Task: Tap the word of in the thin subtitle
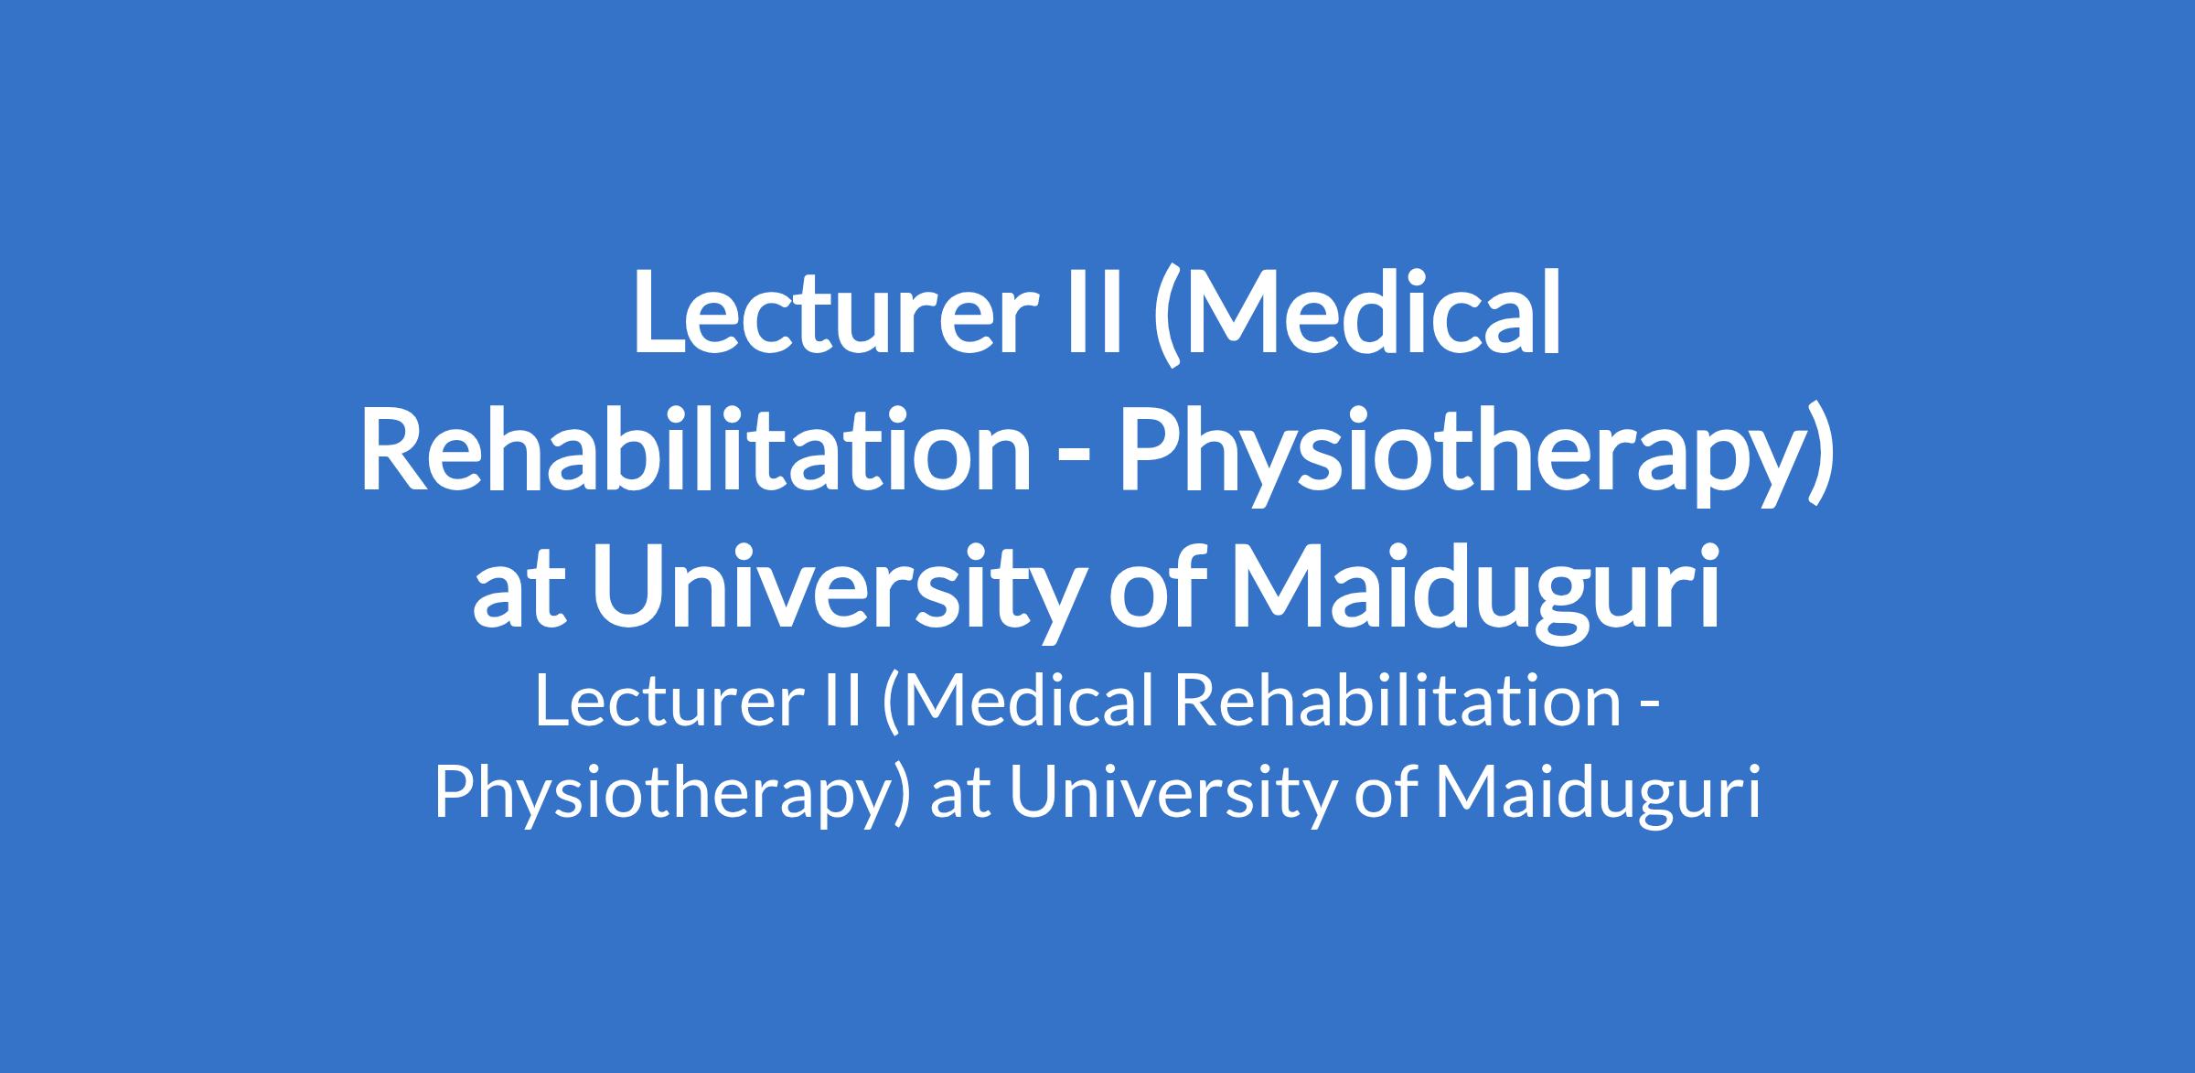click(x=1382, y=792)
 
